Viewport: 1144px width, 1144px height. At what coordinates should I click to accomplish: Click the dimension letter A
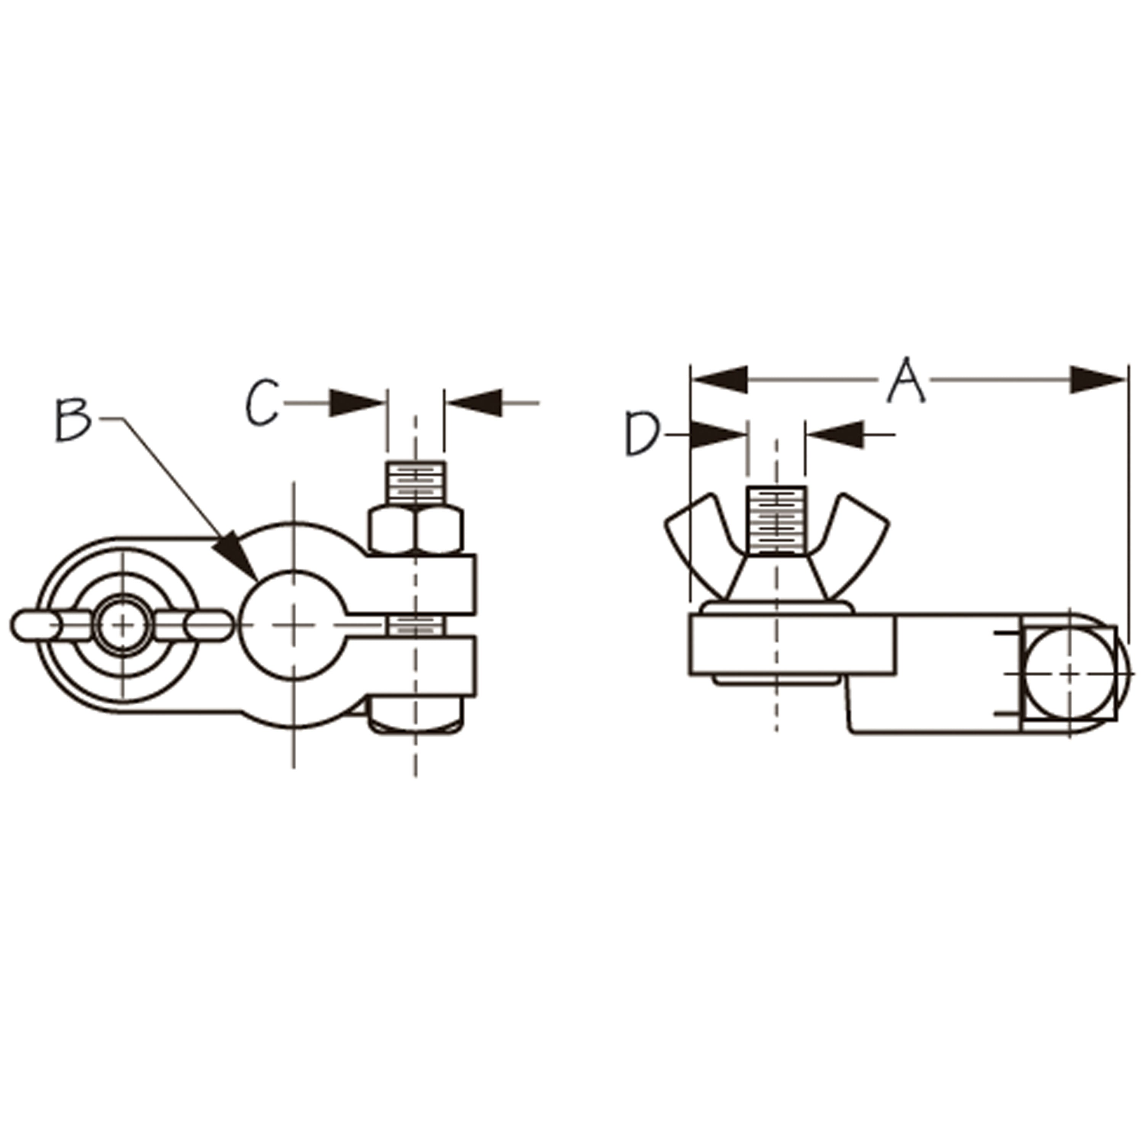(x=906, y=379)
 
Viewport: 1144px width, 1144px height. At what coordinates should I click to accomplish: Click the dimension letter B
(x=74, y=420)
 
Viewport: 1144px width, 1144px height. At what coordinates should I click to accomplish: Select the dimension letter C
(x=262, y=403)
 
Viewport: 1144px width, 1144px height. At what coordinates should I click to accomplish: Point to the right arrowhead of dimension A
(x=1097, y=379)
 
